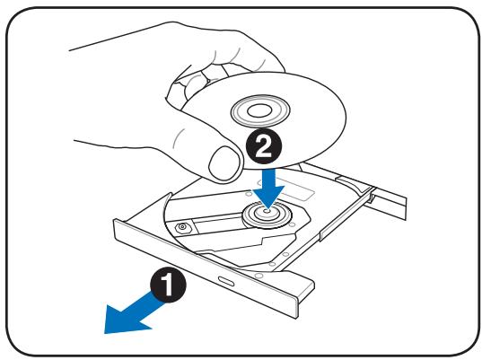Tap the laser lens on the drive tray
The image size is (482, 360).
coord(186,226)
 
